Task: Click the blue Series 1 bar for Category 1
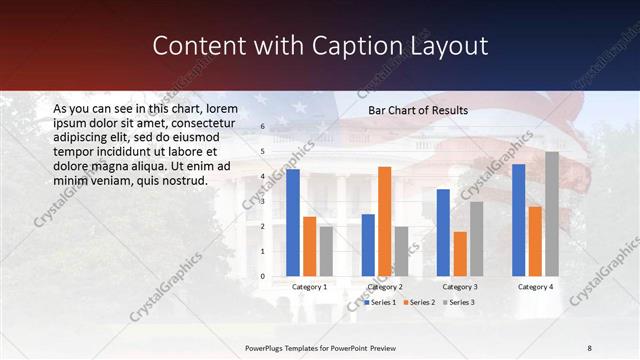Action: point(293,223)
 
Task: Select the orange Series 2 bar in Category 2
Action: point(385,221)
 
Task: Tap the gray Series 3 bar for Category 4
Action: point(552,214)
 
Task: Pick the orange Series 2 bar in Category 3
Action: point(460,254)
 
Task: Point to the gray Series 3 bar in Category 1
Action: point(326,251)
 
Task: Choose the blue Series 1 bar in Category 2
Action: point(368,245)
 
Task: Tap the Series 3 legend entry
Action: point(459,302)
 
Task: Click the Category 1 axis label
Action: point(310,287)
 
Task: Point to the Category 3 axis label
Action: point(460,287)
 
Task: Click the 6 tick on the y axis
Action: point(262,127)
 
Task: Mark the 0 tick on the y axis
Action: point(262,276)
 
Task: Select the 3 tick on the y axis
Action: point(262,202)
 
